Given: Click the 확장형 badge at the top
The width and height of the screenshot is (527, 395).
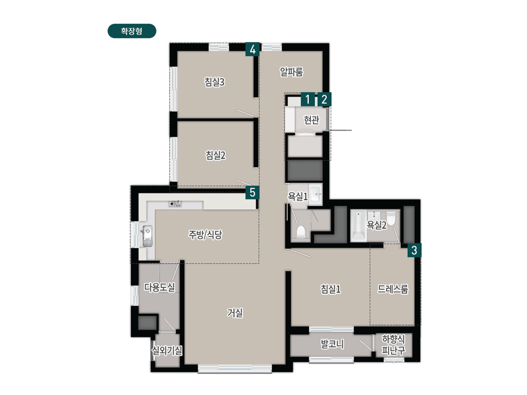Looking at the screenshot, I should (x=132, y=31).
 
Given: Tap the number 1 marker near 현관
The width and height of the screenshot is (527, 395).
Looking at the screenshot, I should (x=307, y=99).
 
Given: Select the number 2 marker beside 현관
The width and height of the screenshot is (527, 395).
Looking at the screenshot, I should (x=324, y=99).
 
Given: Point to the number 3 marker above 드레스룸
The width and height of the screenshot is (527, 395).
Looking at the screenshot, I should (x=415, y=250).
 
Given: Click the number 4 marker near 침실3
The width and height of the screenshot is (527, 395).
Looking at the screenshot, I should (x=252, y=49).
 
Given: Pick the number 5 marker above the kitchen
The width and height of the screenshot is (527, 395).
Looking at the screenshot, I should (x=252, y=192).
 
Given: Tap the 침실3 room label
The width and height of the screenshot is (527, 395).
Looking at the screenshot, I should (x=215, y=82).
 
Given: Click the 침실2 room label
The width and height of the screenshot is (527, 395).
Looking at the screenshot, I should (x=216, y=155).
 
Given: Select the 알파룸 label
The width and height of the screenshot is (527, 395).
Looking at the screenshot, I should (x=291, y=72).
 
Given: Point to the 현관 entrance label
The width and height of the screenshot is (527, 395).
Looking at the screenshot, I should (x=312, y=120).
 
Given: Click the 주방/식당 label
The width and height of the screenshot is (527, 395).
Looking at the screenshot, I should (x=205, y=235).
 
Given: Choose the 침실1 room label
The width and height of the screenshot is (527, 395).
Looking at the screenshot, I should (x=330, y=289).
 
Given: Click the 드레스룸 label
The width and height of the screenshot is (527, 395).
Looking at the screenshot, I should (x=393, y=289).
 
